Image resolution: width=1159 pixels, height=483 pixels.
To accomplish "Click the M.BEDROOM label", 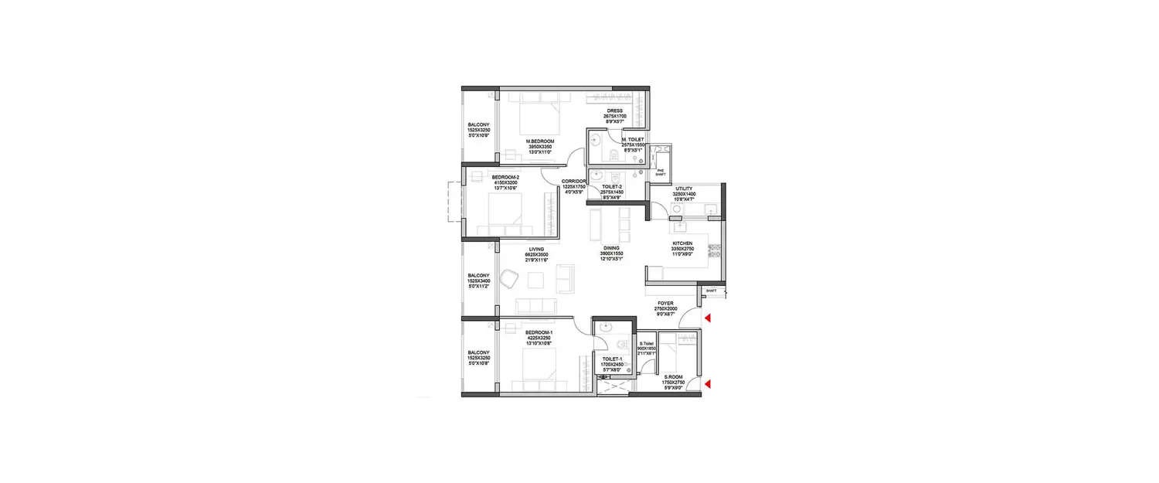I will [540, 141].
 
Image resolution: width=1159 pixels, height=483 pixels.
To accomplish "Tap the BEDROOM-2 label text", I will [506, 177].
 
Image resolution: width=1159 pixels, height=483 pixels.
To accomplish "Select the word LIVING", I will [537, 249].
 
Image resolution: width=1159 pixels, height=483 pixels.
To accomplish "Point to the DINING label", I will [611, 249].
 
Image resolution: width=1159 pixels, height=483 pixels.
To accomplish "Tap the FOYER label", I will [664, 303].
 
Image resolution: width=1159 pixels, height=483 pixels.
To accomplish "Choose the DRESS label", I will [614, 111].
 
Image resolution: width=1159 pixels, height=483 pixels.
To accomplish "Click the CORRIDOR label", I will [574, 181].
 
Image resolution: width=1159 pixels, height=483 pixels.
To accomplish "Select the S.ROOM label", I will [674, 376].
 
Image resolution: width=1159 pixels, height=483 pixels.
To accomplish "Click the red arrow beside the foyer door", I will [706, 318].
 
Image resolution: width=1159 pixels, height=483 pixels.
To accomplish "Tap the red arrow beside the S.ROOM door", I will [706, 384].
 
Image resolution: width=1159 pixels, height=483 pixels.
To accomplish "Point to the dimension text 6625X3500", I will [537, 254].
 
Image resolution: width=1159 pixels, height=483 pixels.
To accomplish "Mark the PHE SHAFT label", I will [660, 173].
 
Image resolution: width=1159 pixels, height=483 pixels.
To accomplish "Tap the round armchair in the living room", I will [510, 278].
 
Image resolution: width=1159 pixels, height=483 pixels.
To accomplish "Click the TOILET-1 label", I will [611, 358].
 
